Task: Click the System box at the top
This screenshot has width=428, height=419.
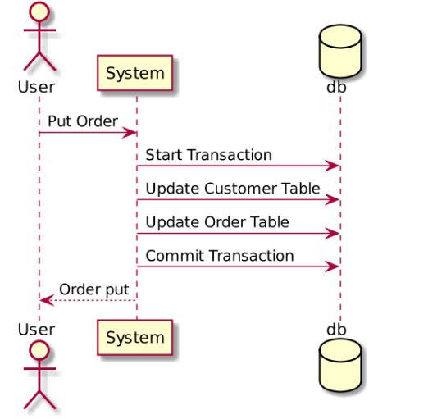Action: [x=135, y=73]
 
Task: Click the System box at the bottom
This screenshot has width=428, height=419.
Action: [x=135, y=337]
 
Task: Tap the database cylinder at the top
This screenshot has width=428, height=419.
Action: [x=340, y=51]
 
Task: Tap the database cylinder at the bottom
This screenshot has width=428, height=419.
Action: [x=340, y=365]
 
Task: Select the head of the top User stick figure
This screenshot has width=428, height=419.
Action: [x=39, y=11]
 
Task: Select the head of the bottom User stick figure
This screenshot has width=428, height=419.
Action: [x=39, y=351]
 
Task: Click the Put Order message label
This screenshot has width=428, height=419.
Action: [x=83, y=121]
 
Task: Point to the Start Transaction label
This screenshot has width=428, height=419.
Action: [x=209, y=155]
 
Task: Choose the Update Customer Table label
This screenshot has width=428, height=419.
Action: [x=233, y=189]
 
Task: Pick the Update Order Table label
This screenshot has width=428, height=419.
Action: [x=217, y=222]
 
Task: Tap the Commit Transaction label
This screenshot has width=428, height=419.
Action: [x=220, y=256]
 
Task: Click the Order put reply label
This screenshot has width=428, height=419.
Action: [x=94, y=289]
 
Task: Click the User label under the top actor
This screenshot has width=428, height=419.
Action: [x=36, y=87]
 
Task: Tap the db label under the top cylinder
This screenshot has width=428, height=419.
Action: [x=336, y=87]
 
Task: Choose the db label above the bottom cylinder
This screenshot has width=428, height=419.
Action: [x=336, y=330]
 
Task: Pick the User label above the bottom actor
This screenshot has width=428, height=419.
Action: [x=36, y=330]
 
